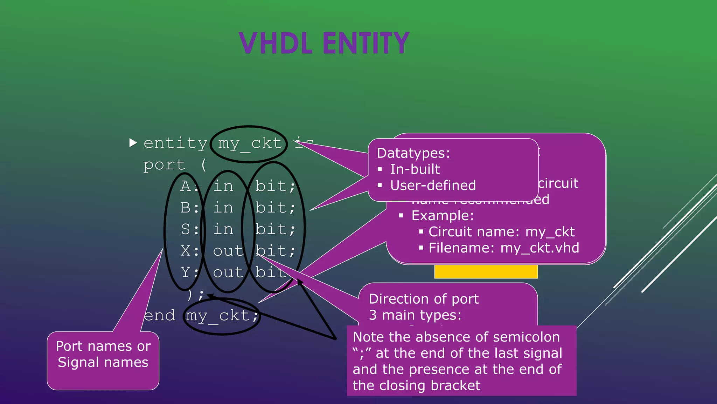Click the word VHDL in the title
pyautogui.click(x=276, y=43)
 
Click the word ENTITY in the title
pyautogui.click(x=366, y=43)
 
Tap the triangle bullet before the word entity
pyautogui.click(x=133, y=143)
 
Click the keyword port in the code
pyautogui.click(x=164, y=165)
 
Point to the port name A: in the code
pyautogui.click(x=189, y=186)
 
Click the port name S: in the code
pyautogui.click(x=189, y=229)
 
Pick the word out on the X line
pyautogui.click(x=228, y=251)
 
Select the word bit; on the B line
pyautogui.click(x=275, y=208)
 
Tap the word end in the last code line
pyautogui.click(x=160, y=315)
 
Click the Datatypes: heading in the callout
pyautogui.click(x=413, y=153)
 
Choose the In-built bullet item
pyautogui.click(x=415, y=169)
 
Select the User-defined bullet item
pyautogui.click(x=433, y=186)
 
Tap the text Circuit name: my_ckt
pyautogui.click(x=501, y=232)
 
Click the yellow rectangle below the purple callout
pyautogui.click(x=486, y=272)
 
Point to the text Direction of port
pyautogui.click(x=424, y=299)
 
